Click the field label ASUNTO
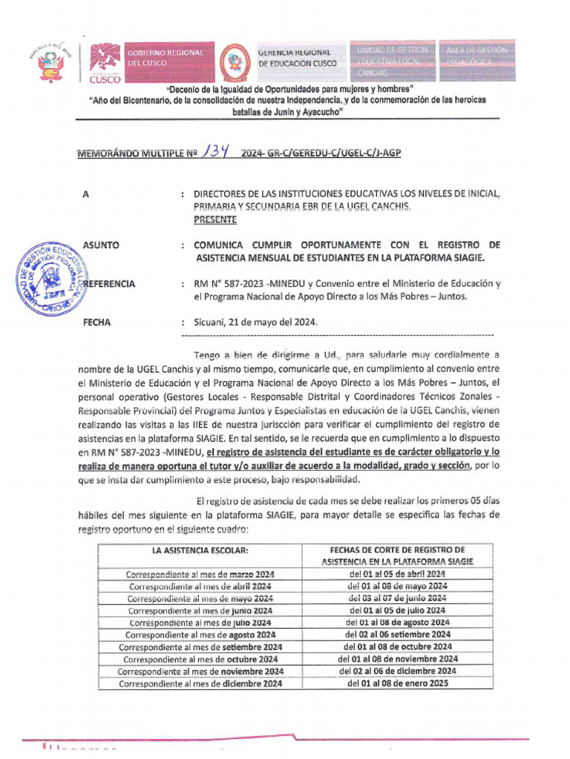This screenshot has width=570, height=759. point(101,245)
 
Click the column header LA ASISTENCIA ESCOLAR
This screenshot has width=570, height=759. point(200,550)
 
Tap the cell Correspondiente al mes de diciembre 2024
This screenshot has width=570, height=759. point(200,683)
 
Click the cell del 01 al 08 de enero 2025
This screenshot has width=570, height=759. point(398,683)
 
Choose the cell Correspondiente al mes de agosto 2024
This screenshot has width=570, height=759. point(200,634)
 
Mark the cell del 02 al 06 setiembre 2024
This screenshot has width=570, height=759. point(398,634)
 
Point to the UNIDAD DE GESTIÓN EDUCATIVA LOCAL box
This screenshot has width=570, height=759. point(392,59)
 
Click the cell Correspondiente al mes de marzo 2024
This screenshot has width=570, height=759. point(200,574)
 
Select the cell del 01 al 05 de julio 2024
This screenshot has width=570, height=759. point(397,610)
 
